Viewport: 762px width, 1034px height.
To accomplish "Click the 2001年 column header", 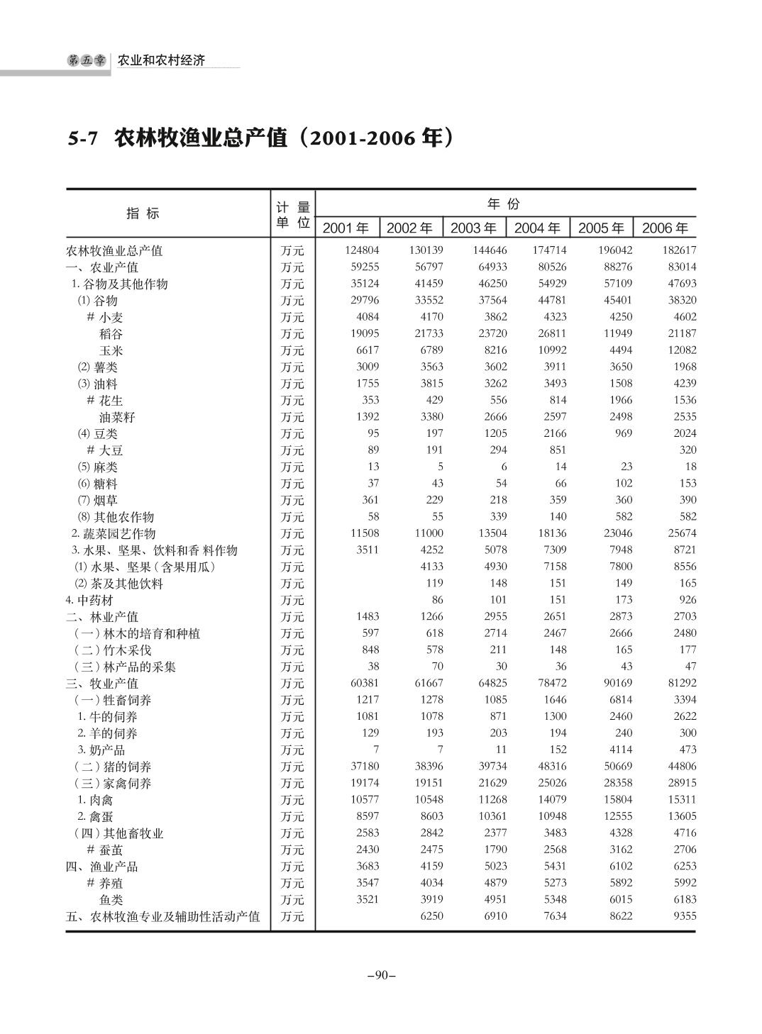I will coord(346,228).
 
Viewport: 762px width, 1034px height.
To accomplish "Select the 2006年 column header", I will coord(665,228).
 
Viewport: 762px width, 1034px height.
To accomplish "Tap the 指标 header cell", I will coord(143,213).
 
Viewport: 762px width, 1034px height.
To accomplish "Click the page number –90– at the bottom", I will coord(381,975).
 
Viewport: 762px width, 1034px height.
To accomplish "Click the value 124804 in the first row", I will coord(362,250).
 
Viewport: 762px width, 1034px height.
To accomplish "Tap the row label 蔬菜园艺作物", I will coord(117,533).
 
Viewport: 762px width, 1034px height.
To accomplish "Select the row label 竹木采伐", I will coord(122,650).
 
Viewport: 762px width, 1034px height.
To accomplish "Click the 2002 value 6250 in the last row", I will coord(431,916).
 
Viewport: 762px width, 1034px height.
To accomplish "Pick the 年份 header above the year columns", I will coord(504,204).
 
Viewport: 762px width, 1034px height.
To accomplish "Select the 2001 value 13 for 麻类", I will coord(373,467).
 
